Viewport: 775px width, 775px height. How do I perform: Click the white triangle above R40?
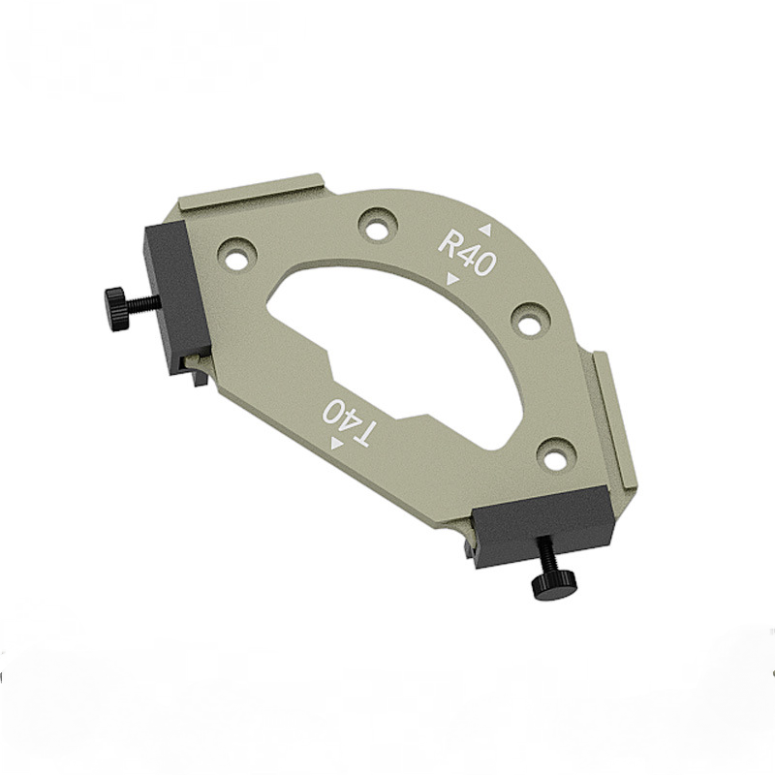[x=485, y=230]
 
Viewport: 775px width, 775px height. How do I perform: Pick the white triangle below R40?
[x=452, y=280]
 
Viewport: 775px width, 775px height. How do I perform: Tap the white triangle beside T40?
[x=337, y=444]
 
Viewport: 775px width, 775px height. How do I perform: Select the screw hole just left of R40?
[x=378, y=225]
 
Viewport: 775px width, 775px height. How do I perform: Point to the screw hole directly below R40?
[x=530, y=321]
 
